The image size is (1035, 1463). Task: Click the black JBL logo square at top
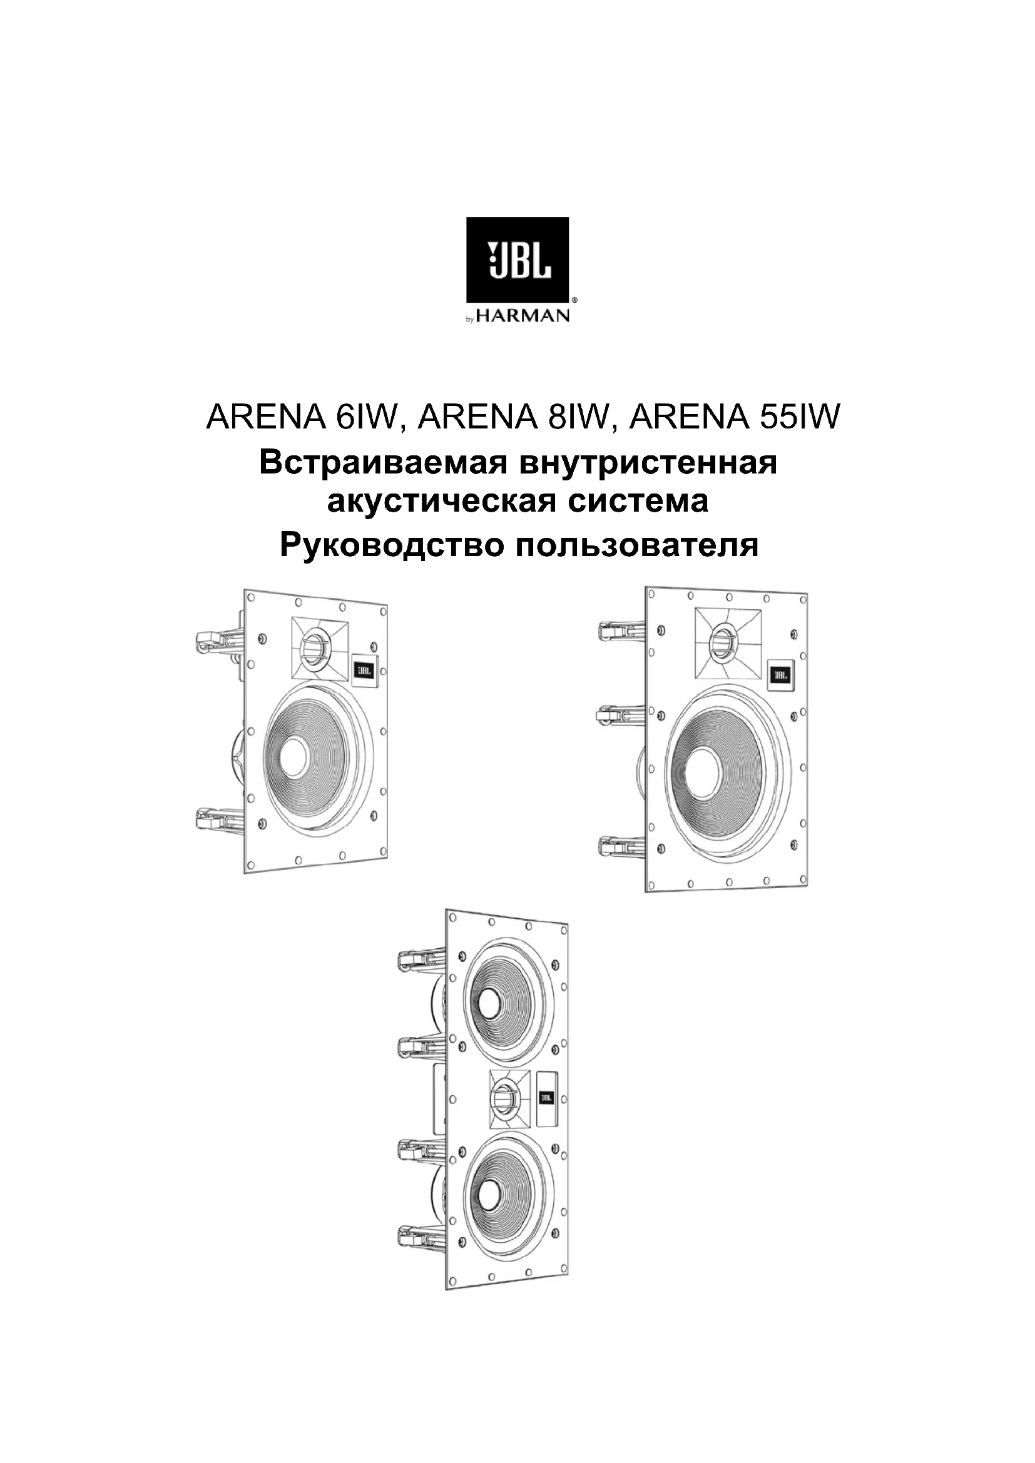[x=517, y=260]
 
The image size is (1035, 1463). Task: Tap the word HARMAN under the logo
[x=523, y=316]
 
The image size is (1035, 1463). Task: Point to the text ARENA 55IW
[x=736, y=417]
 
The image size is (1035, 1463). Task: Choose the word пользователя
[x=637, y=545]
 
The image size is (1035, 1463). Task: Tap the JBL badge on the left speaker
[x=364, y=670]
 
